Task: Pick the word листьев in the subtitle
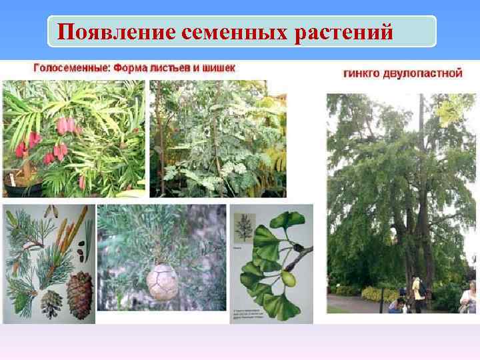[x=169, y=68]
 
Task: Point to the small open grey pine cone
[x=51, y=305]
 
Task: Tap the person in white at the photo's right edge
[x=470, y=296]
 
